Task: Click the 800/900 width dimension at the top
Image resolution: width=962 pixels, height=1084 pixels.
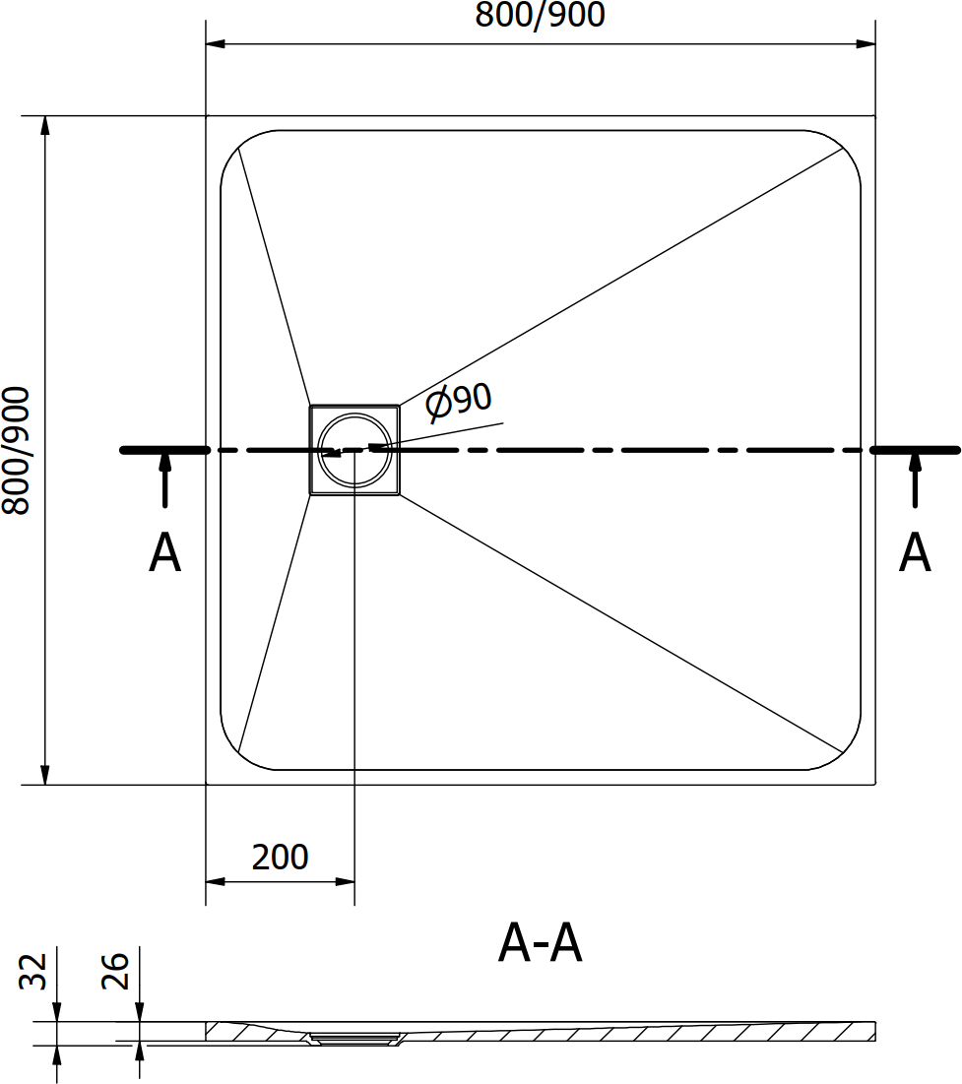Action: pos(540,15)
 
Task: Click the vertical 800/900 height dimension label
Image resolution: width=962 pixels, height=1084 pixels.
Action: pos(16,451)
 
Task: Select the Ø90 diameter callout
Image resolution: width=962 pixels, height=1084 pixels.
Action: pos(459,402)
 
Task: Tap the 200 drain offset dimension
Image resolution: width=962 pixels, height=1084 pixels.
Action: pos(280,858)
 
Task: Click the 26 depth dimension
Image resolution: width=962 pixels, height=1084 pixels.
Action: pos(115,972)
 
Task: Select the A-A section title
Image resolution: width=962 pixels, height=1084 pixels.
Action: pos(541,943)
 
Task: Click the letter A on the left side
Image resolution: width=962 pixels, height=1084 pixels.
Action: pos(164,553)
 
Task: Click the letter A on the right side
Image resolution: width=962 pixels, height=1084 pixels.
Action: pos(915,553)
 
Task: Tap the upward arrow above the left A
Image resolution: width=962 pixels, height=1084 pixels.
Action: pos(164,479)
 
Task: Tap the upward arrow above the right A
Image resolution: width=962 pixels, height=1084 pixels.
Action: pos(915,479)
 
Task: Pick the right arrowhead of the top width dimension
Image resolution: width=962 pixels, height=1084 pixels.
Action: pos(866,44)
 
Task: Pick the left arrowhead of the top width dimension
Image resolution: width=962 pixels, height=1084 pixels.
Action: pos(216,44)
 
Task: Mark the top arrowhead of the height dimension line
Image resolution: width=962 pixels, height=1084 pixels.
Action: pos(45,126)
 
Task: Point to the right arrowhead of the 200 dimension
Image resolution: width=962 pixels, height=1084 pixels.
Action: pos(345,881)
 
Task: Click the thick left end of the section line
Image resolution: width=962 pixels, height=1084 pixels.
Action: pos(164,450)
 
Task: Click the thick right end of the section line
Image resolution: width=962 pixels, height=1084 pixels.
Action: pos(915,450)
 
